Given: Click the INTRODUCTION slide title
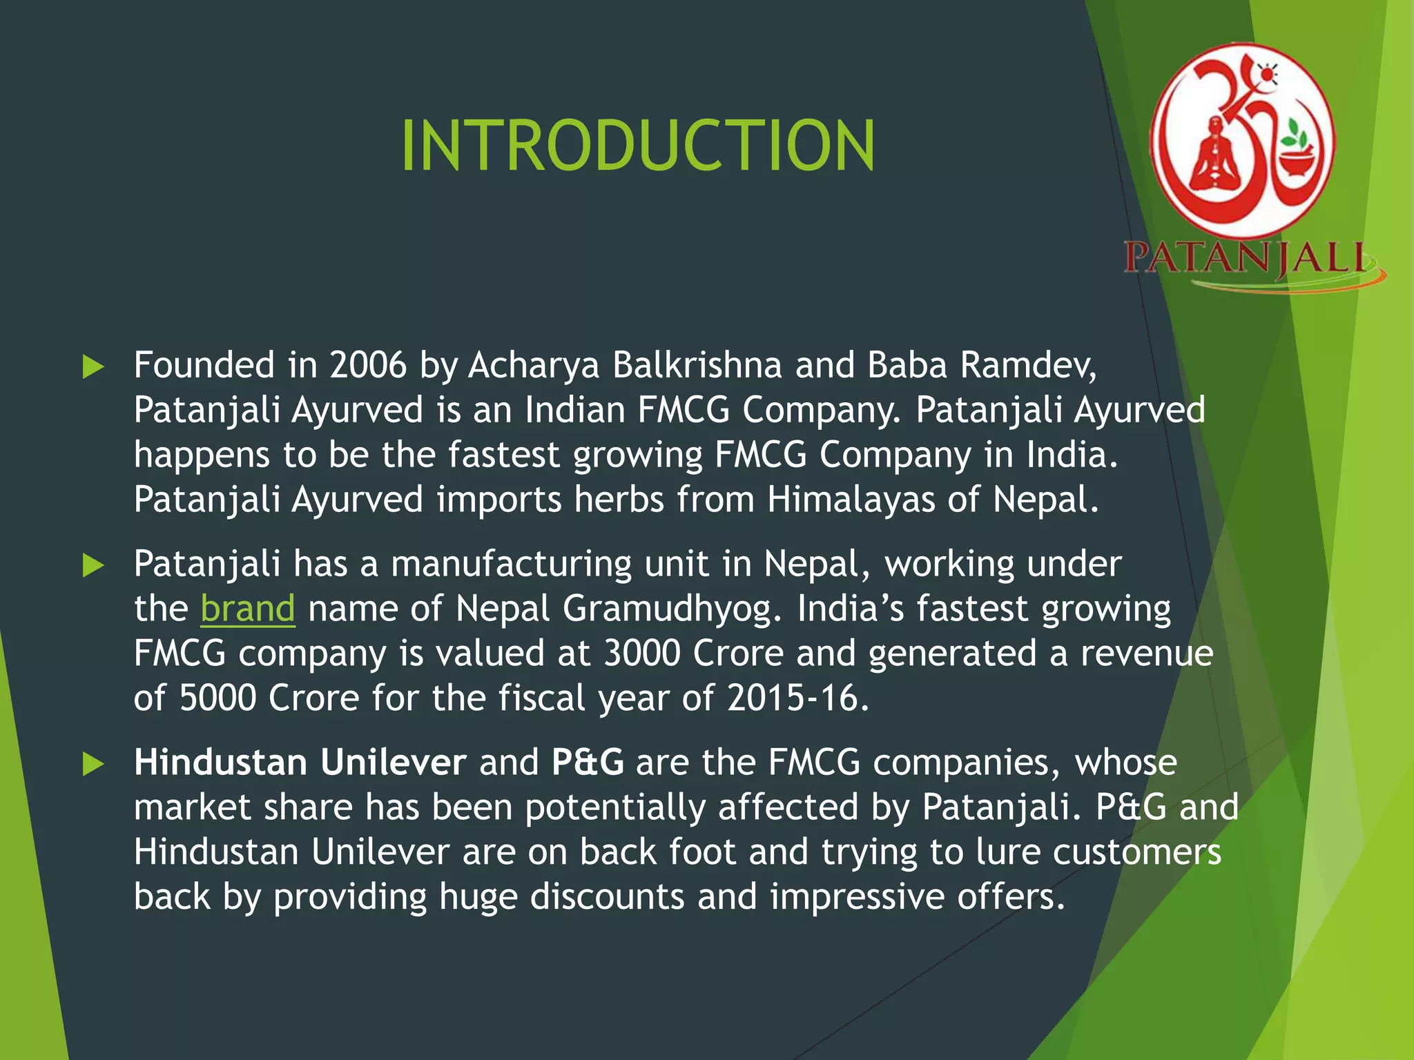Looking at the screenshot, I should (x=638, y=146).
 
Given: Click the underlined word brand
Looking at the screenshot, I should (x=248, y=609).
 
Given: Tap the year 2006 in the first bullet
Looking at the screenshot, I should (x=368, y=364).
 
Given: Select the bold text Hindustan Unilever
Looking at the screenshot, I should (x=300, y=763).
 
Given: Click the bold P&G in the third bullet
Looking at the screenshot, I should (x=588, y=763).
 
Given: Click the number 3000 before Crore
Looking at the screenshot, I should (x=642, y=653).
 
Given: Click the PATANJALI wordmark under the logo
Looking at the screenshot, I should (x=1245, y=258).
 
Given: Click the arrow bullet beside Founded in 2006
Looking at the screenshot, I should (x=93, y=366).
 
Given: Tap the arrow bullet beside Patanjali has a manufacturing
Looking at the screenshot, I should (x=93, y=565).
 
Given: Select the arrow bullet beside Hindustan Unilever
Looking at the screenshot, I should (x=93, y=764).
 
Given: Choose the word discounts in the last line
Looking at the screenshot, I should (x=607, y=896).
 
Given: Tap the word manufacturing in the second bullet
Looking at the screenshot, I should (x=511, y=564).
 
